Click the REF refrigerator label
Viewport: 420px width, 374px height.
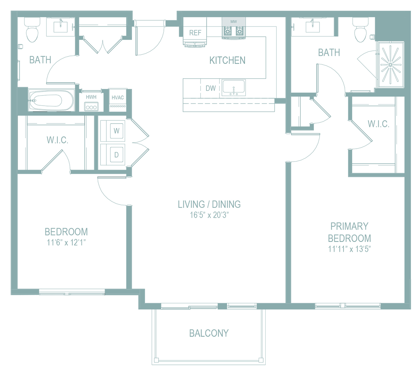[195, 33]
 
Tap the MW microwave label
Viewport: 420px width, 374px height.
[233, 22]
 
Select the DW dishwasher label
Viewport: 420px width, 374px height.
[211, 88]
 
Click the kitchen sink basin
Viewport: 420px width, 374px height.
[234, 87]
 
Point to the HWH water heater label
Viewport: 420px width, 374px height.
[91, 97]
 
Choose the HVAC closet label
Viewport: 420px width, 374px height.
[118, 98]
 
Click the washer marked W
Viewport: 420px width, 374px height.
[117, 131]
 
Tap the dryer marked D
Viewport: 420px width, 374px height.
[117, 155]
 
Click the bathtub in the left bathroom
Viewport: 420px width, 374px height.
[51, 100]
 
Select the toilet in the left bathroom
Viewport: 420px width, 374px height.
[32, 30]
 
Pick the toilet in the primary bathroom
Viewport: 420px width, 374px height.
[360, 30]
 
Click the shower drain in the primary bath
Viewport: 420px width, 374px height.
[390, 65]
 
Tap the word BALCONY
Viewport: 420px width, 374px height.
[209, 333]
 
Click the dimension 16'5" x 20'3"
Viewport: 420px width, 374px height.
[209, 215]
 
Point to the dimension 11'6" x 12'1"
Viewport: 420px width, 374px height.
[66, 242]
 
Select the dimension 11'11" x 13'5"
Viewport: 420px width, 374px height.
[349, 249]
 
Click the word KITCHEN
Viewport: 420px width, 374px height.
[227, 60]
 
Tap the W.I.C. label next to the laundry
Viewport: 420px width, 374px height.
[57, 140]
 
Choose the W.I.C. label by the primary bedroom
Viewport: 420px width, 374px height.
[378, 124]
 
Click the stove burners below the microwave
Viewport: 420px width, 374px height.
[234, 31]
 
